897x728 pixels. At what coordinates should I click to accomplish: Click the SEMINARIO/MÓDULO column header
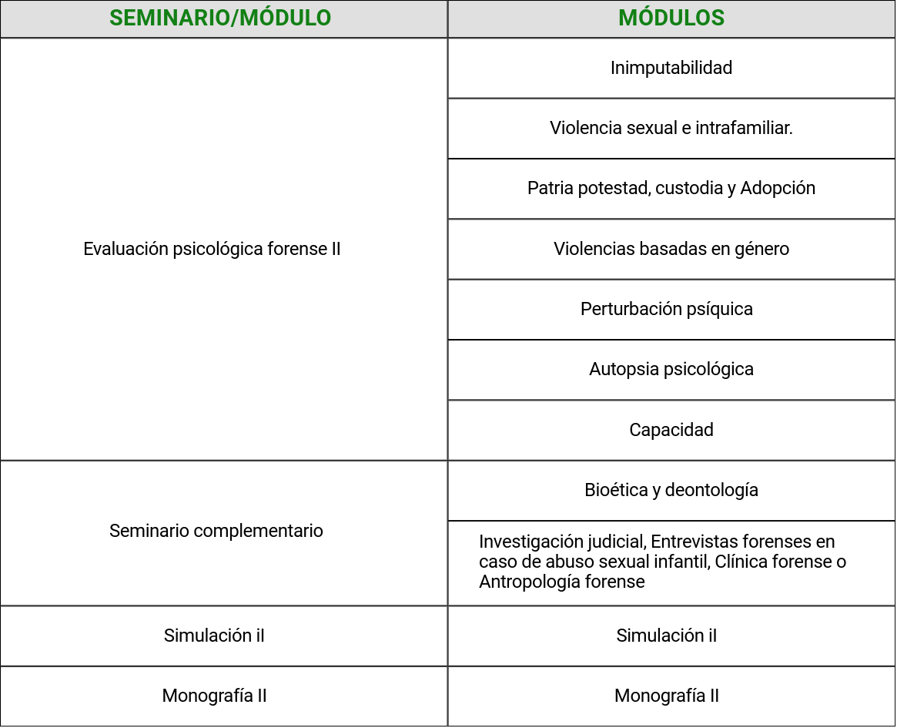coord(220,18)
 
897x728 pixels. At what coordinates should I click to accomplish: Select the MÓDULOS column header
coord(671,18)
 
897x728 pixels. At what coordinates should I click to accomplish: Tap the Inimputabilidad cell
coord(671,68)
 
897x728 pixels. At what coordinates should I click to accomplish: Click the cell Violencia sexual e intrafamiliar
coord(671,128)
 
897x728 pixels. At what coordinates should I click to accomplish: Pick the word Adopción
coord(778,188)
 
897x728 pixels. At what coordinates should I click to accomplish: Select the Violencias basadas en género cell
coord(671,249)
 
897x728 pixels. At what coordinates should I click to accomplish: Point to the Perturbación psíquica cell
coord(667,309)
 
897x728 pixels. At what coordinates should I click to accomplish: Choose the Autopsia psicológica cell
coord(671,369)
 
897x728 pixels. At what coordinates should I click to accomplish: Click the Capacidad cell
coord(671,429)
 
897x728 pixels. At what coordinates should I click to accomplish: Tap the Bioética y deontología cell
coord(671,490)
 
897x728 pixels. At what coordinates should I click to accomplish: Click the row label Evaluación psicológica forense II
coord(212,249)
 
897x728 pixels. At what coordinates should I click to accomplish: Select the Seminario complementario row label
coord(216,531)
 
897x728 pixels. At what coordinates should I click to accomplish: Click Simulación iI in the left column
coord(214,636)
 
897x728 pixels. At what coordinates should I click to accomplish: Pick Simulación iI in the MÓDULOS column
coord(667,636)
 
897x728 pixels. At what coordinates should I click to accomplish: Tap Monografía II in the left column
coord(214,696)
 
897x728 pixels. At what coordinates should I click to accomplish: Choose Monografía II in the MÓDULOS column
coord(667,696)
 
